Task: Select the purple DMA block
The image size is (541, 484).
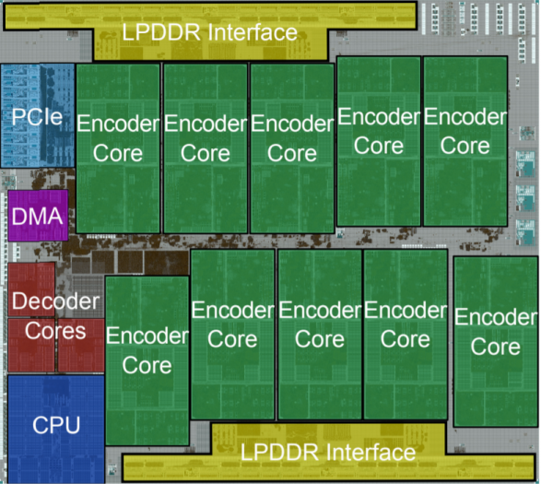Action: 37,216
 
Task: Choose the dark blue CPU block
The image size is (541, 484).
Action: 55,425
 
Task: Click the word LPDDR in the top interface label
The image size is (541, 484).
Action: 161,32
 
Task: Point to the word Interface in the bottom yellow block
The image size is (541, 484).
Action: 368,453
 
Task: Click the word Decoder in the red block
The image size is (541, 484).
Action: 55,301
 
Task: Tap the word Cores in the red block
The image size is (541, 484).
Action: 55,330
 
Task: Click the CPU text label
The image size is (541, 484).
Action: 55,425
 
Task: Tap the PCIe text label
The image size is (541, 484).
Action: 37,117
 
